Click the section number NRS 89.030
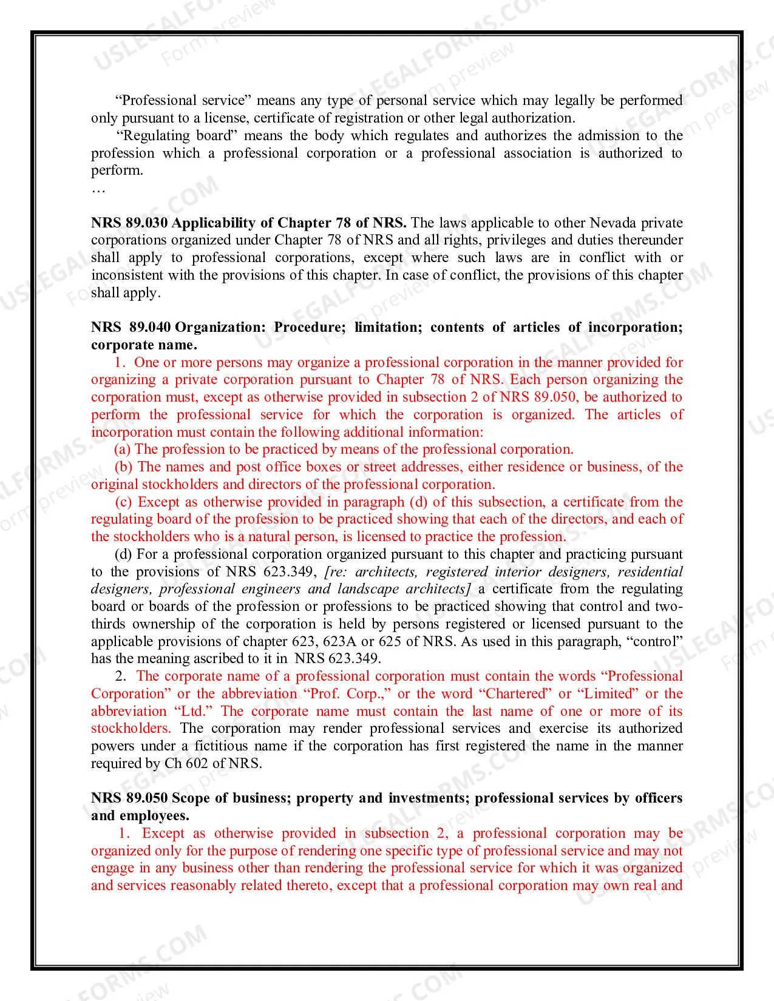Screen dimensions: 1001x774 click(x=129, y=223)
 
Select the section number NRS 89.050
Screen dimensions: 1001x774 click(x=129, y=798)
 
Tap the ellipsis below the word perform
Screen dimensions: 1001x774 click(x=98, y=189)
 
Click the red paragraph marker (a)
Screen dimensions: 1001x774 click(x=123, y=449)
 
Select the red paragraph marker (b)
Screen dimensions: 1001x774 click(x=124, y=467)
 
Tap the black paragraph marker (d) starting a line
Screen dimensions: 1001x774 click(x=123, y=554)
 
